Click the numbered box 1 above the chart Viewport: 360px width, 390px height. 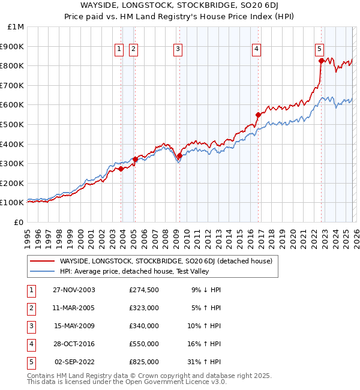[x=119, y=50]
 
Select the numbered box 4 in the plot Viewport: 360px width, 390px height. [x=256, y=50]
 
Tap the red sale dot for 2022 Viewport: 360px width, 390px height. [x=321, y=61]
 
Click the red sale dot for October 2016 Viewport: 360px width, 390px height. [x=259, y=115]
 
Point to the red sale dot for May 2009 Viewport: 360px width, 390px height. [x=179, y=155]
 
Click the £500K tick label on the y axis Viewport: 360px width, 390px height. [x=13, y=124]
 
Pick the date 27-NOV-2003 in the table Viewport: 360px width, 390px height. [x=74, y=290]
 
